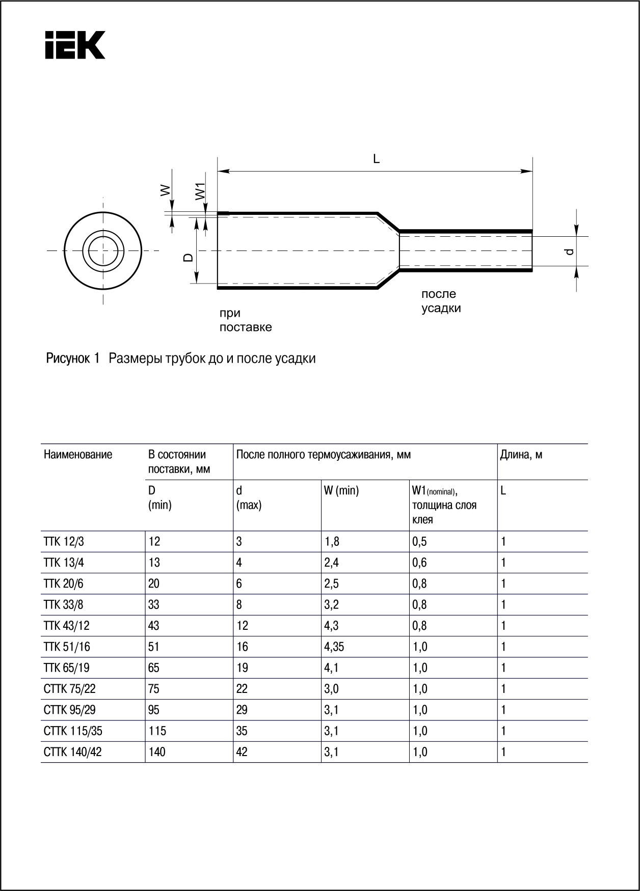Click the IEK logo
pos(75,45)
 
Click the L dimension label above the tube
pos(376,159)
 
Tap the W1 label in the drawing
pos(200,191)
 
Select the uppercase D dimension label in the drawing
pos(188,257)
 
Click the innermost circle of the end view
pos(103,250)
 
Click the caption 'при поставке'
pos(245,320)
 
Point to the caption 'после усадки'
pos(441,301)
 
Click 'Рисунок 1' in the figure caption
pos(72,358)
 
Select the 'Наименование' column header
pos(78,455)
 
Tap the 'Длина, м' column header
pos(521,455)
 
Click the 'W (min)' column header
pos(341,491)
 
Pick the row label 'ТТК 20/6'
pos(64,583)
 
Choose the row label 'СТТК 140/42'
pos(73,752)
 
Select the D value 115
pos(157,731)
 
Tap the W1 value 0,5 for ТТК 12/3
pos(419,541)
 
